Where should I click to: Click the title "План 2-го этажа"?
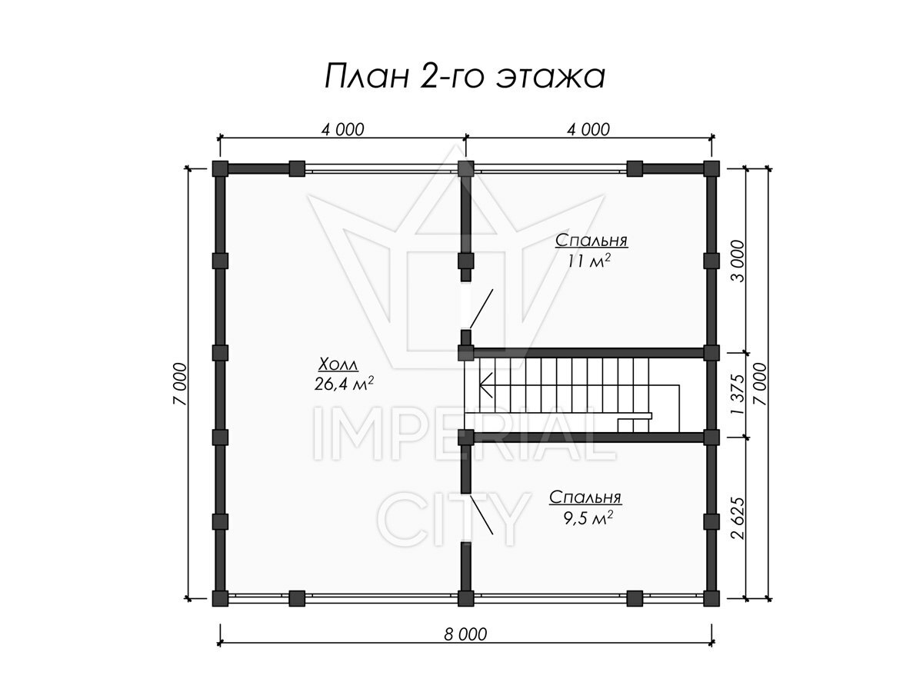click(465, 76)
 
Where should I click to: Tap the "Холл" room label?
click(338, 364)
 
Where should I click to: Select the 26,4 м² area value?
click(344, 384)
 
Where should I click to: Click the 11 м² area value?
click(588, 261)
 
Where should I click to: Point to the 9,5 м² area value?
click(588, 518)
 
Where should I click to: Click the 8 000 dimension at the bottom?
click(465, 634)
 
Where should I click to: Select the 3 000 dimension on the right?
click(738, 261)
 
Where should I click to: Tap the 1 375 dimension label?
click(738, 394)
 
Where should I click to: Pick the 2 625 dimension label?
click(738, 518)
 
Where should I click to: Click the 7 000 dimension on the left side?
click(179, 384)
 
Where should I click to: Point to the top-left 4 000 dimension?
click(343, 130)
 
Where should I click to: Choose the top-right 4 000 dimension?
click(588, 130)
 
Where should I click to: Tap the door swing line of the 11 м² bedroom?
click(481, 309)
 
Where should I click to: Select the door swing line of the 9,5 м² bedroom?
click(481, 515)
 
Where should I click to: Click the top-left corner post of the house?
click(220, 168)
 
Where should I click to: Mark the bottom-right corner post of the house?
click(711, 598)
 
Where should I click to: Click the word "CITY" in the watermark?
click(453, 520)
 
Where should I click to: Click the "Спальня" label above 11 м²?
click(591, 241)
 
